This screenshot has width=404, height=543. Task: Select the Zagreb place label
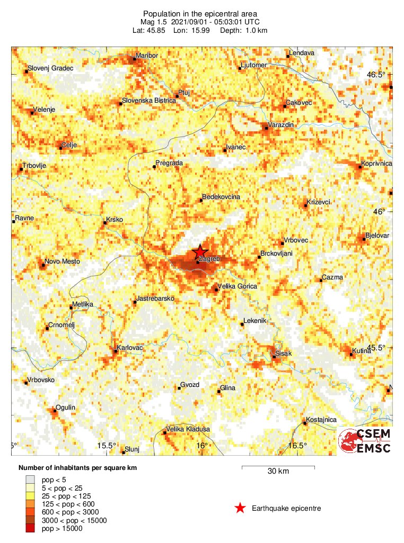[209, 258]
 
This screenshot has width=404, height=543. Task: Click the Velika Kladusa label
[188, 429]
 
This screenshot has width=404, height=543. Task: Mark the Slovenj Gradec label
[50, 68]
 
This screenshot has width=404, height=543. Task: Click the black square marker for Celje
[60, 148]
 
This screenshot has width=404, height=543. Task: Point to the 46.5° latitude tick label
[377, 75]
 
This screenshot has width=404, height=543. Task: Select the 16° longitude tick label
[201, 446]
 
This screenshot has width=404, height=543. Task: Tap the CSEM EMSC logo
[365, 441]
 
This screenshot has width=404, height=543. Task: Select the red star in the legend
[240, 509]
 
